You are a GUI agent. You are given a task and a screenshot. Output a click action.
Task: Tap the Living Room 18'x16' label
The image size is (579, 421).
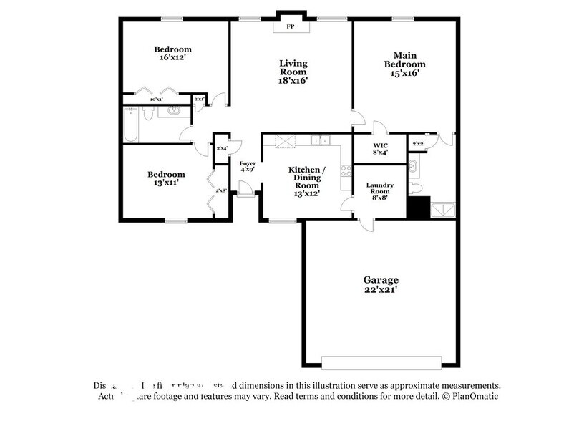293,72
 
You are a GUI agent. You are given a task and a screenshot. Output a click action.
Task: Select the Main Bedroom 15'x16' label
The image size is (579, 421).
405,64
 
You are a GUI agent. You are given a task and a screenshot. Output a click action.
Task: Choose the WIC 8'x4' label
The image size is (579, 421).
380,148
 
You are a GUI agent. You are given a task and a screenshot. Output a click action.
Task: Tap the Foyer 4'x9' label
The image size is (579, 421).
248,167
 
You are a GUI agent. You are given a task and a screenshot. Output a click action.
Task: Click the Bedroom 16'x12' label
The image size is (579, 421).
174,53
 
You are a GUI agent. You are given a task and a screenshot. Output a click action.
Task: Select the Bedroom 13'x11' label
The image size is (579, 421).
167,178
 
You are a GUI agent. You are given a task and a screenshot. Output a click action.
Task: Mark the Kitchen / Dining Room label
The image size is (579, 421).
306,181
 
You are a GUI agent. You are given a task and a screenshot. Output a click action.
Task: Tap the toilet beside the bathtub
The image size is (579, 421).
146,113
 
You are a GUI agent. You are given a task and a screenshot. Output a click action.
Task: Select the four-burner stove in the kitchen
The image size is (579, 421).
346,171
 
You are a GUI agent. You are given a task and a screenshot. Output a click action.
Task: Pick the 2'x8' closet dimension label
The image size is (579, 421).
221,190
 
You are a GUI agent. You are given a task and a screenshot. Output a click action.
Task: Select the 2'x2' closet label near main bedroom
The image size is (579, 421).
419,144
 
